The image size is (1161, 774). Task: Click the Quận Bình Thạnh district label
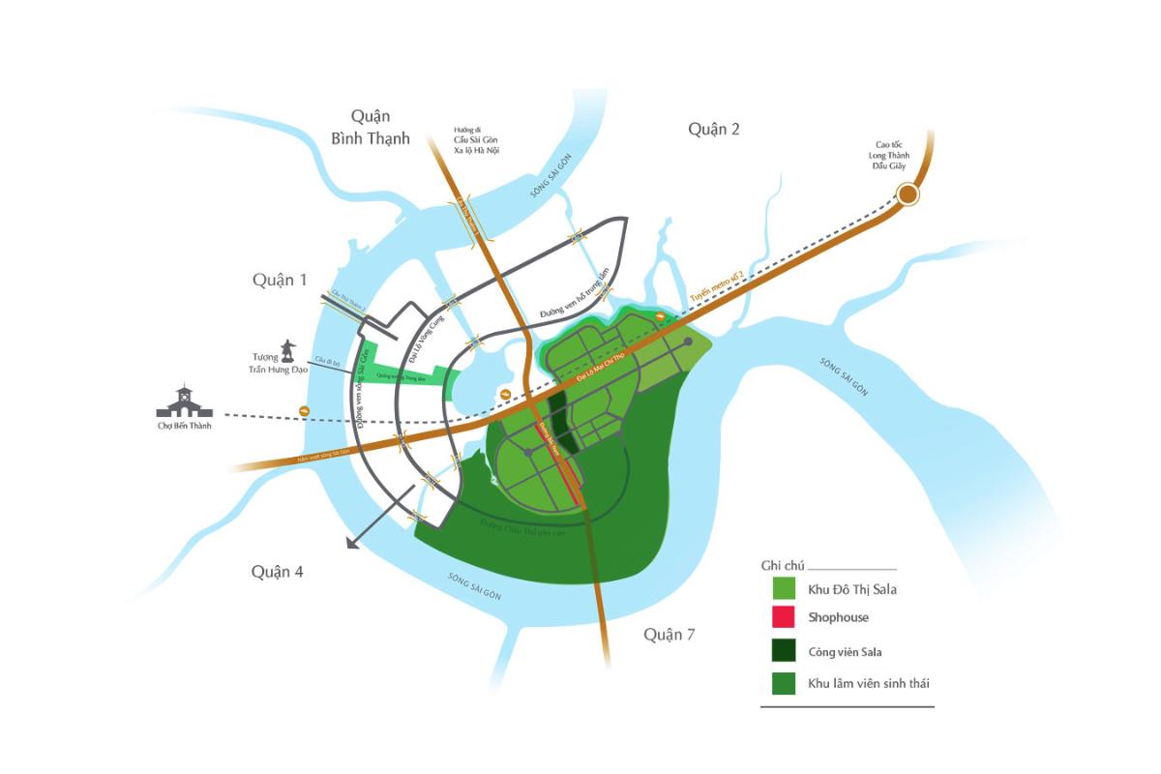pos(371,127)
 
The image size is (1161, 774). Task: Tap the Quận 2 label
pos(713,129)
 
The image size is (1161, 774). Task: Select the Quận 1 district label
pos(280,280)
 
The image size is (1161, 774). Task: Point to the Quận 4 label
pos(278,572)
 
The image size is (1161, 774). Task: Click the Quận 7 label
pos(670,635)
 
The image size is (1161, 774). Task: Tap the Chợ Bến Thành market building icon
pos(184,402)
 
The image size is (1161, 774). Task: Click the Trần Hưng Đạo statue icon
pos(287,350)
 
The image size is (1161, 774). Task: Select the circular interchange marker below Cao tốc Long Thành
pos(908,195)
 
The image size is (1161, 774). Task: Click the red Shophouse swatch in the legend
pos(784,617)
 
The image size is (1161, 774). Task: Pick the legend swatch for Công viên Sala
pos(784,651)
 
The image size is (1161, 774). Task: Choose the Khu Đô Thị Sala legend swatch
pos(784,587)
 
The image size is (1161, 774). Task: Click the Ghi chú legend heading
pos(783,565)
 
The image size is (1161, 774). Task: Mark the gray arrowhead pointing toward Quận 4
pos(353,544)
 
